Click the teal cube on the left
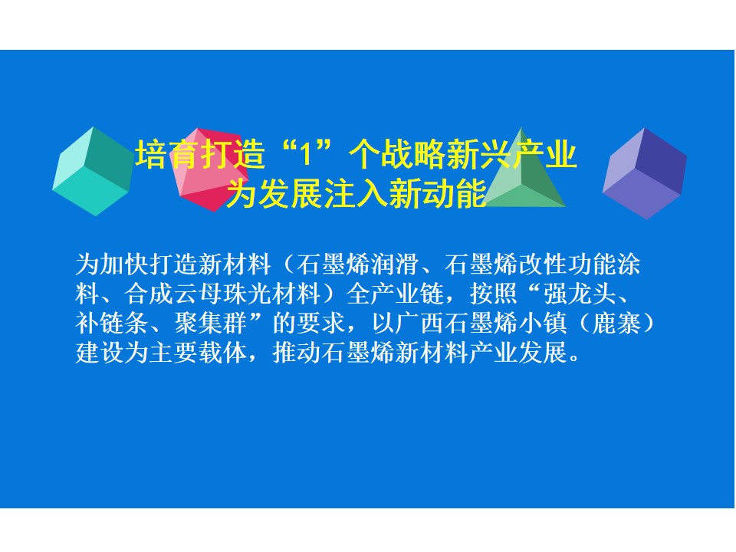coord(93,171)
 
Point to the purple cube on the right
coord(645,173)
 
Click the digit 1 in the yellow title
coord(306,154)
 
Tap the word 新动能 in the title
coord(437,193)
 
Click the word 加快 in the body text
coord(124,264)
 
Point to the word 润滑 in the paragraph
coord(396,264)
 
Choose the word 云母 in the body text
coord(198,294)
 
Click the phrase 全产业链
coord(396,294)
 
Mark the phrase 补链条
coord(112,323)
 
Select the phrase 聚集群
coord(211,323)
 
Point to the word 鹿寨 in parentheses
coord(616,323)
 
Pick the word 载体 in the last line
coord(223,353)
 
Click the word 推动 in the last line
coord(297,353)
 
